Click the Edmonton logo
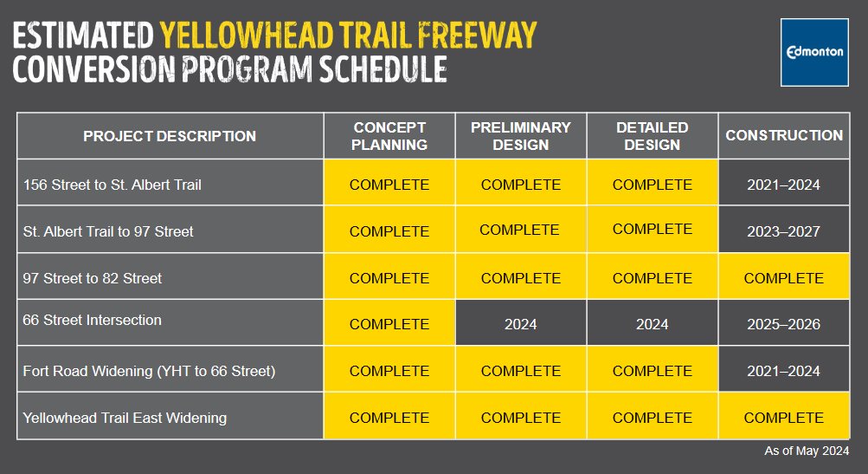tap(814, 52)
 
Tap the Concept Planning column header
tap(389, 136)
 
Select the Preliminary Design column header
tap(521, 136)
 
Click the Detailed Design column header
tap(653, 136)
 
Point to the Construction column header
tap(784, 135)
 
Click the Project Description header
tap(170, 136)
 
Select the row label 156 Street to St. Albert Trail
tap(112, 185)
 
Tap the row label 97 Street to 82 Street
tap(92, 278)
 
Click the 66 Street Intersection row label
tap(92, 320)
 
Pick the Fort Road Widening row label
tap(149, 371)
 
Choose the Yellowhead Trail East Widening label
tap(125, 418)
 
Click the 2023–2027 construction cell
tap(784, 231)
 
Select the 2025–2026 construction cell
tap(784, 324)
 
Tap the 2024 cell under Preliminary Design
tap(521, 324)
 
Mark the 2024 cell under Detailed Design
tap(653, 324)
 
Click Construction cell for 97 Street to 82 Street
tap(784, 278)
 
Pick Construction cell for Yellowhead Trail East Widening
tap(784, 418)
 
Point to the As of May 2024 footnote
tap(807, 451)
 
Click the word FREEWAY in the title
tap(477, 36)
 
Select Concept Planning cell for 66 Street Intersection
tap(389, 324)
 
